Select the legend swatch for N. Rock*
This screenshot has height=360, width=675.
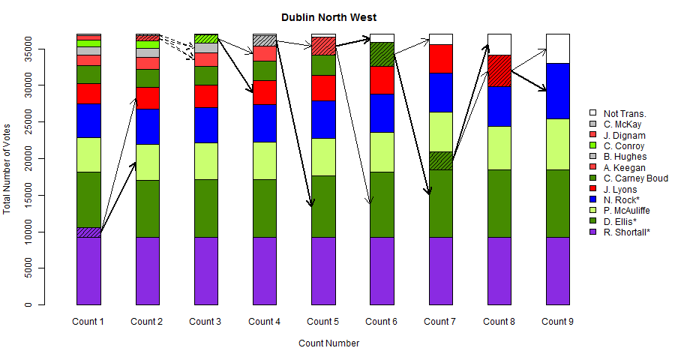click(x=592, y=199)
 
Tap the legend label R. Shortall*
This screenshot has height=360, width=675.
click(x=626, y=232)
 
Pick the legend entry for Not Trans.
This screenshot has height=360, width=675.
click(x=624, y=113)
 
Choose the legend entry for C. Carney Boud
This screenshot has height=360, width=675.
click(x=635, y=178)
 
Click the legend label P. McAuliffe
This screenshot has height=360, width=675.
click(x=626, y=211)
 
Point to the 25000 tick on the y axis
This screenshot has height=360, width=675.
click(x=42, y=122)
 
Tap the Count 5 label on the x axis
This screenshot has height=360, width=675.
click(x=322, y=322)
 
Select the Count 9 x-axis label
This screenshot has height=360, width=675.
click(x=556, y=322)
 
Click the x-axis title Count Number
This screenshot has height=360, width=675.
click(x=328, y=343)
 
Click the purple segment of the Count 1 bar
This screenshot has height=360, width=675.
click(x=88, y=271)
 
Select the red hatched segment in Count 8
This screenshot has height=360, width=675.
click(x=499, y=70)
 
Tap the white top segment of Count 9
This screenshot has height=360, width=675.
click(x=557, y=48)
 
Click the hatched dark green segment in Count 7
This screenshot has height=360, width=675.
click(x=440, y=160)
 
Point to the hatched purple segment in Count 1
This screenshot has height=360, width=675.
click(x=88, y=232)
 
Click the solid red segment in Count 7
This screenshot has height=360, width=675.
click(x=440, y=58)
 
